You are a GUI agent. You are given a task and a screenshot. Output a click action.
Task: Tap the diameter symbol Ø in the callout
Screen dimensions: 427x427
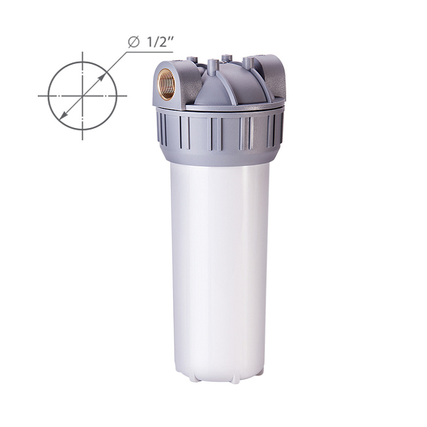click(134, 42)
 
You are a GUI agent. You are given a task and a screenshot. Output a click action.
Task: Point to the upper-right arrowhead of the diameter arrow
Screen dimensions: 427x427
click(101, 78)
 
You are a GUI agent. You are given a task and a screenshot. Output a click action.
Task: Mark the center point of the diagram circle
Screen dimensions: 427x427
click(83, 96)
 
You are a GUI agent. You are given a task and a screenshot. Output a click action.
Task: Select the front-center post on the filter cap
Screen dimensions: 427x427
click(212, 67)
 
